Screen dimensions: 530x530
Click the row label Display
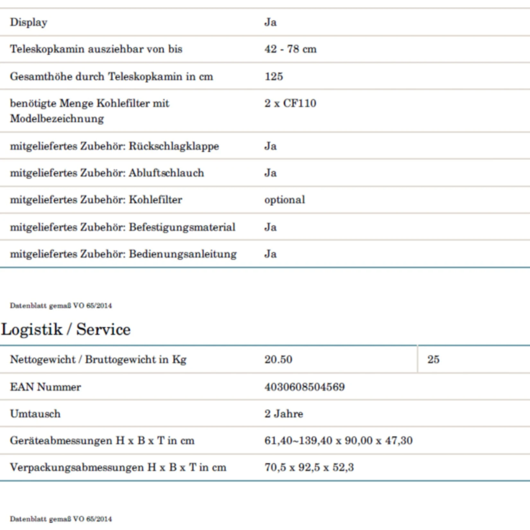pyautogui.click(x=29, y=22)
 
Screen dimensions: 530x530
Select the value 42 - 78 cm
pyautogui.click(x=290, y=49)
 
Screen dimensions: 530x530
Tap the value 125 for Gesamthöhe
pyautogui.click(x=274, y=76)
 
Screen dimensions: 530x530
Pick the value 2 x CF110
pyautogui.click(x=290, y=103)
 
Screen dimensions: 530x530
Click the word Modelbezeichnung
pyautogui.click(x=57, y=119)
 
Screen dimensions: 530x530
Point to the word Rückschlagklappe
pyautogui.click(x=174, y=146)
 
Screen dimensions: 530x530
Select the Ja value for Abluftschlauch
pyautogui.click(x=270, y=173)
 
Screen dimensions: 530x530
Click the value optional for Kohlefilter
pyautogui.click(x=285, y=200)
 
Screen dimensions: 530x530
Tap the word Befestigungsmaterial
pyautogui.click(x=182, y=227)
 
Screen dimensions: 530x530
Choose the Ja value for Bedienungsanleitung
pyautogui.click(x=270, y=254)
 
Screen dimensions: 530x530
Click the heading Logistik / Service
pyautogui.click(x=66, y=330)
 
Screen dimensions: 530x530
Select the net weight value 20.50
pyautogui.click(x=278, y=359)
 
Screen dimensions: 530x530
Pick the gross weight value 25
pyautogui.click(x=433, y=359)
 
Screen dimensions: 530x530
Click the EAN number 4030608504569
pyautogui.click(x=305, y=387)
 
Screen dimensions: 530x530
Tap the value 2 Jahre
pyautogui.click(x=284, y=414)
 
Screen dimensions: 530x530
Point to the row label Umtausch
pyautogui.click(x=35, y=414)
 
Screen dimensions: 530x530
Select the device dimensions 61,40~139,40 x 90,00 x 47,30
pyautogui.click(x=339, y=441)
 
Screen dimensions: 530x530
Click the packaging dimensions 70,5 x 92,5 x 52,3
pyautogui.click(x=309, y=467)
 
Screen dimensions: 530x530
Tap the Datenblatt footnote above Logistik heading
pyautogui.click(x=61, y=305)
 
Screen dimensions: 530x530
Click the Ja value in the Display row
pyautogui.click(x=270, y=22)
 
